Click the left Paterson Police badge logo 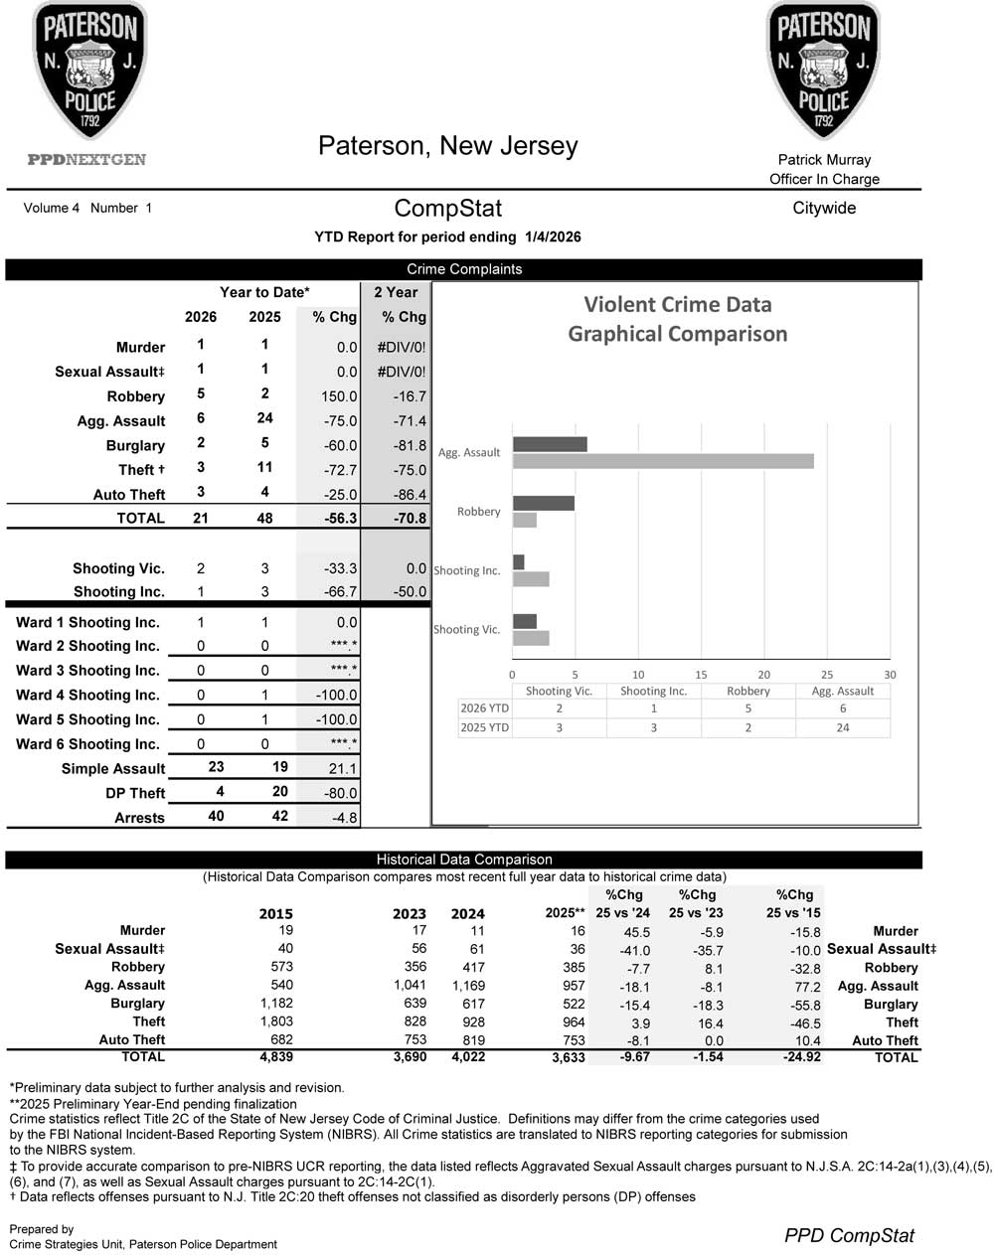tap(89, 70)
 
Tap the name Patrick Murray tap(824, 159)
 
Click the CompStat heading tap(447, 209)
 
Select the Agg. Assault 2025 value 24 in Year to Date tap(264, 418)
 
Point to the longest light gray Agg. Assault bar tap(663, 461)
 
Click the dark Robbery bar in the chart tap(543, 503)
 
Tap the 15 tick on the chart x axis tap(701, 675)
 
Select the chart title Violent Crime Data tap(677, 305)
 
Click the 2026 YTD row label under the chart tap(484, 708)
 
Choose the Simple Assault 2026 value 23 tap(216, 767)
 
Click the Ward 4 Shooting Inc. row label tap(87, 696)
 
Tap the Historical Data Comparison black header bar tap(463, 860)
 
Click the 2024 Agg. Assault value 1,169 tap(468, 986)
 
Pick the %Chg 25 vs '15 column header tap(793, 903)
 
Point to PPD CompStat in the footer tap(849, 1235)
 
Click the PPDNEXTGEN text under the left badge tap(86, 160)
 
